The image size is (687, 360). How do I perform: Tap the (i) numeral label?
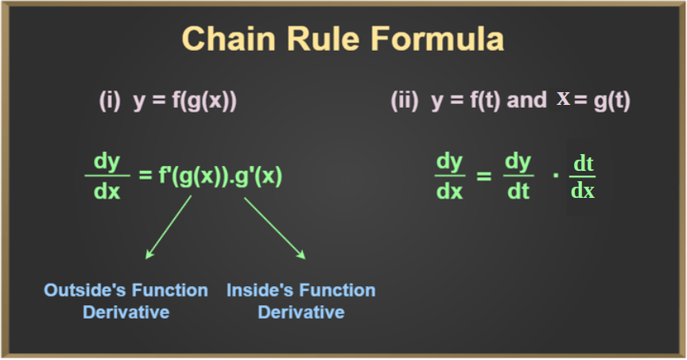pos(110,101)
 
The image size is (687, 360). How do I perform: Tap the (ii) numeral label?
pos(405,101)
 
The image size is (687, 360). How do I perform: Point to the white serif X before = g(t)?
pos(563,99)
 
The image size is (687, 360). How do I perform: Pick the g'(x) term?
pos(260,176)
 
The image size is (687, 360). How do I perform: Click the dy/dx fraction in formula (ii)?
pos(449,176)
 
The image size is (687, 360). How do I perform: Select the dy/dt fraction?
pos(518,176)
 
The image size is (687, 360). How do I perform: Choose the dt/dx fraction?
pos(583,177)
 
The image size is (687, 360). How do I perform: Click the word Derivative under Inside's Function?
pos(301,312)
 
